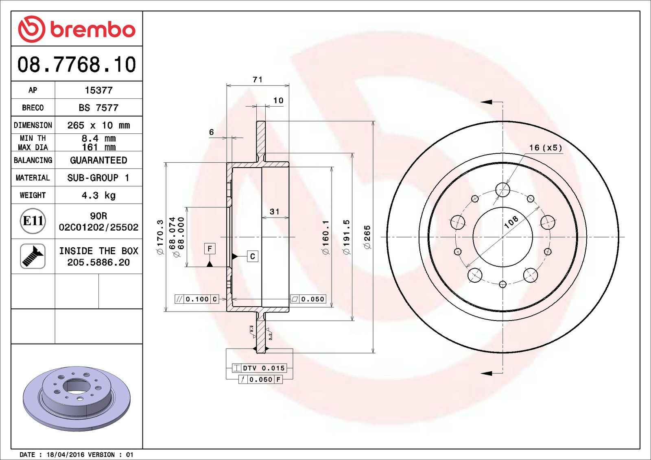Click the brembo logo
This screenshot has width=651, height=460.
point(76,29)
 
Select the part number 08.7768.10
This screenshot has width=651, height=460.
point(76,65)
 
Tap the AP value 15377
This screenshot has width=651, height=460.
point(98,90)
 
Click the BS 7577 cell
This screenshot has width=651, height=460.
point(98,108)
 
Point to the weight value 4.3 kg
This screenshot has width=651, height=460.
point(98,195)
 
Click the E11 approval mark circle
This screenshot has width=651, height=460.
point(33,221)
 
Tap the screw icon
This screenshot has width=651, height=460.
point(33,256)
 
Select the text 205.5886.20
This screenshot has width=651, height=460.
point(98,262)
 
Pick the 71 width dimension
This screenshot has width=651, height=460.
point(258,79)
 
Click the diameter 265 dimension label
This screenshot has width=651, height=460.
point(367,237)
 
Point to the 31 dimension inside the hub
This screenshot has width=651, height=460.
point(275,211)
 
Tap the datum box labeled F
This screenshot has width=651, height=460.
point(210,249)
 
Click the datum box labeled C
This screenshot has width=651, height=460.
point(252,256)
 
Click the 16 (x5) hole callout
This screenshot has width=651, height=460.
point(545,148)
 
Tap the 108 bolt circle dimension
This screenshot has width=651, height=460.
point(511,222)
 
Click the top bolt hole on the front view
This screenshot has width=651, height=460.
point(502,190)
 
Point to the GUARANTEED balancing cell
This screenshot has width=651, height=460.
point(98,160)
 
